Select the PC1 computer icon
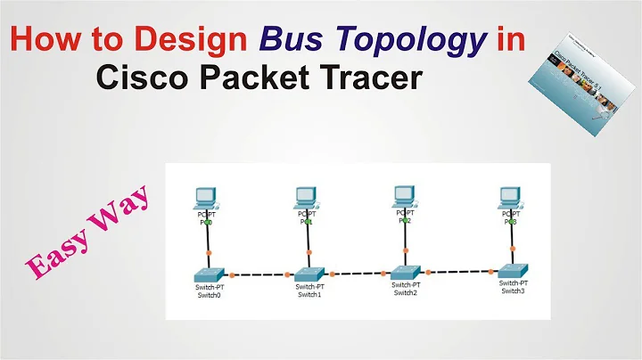click(305, 197)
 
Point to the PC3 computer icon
click(510, 197)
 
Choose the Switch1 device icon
click(309, 273)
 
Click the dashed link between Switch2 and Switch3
click(459, 271)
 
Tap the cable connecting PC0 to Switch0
click(207, 241)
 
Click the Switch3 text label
click(512, 290)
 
